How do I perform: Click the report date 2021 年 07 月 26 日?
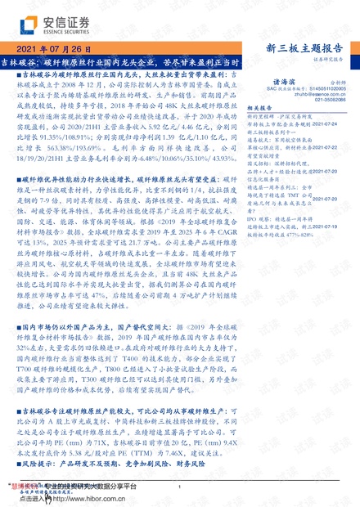pyautogui.click(x=52, y=49)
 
